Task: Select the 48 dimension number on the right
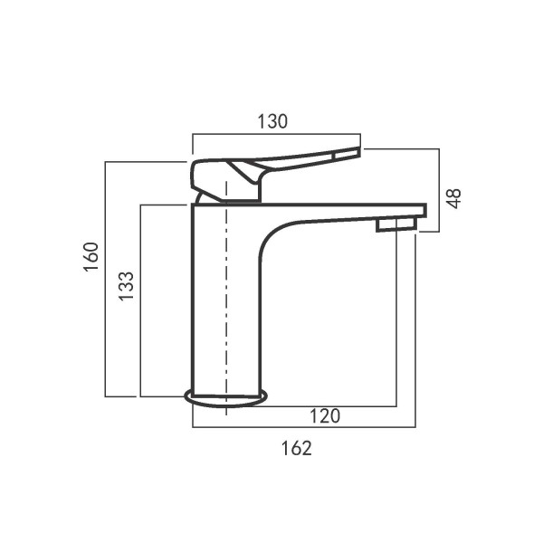point(454,197)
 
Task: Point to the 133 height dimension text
point(127,286)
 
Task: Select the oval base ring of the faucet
point(226,396)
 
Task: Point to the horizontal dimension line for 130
point(276,136)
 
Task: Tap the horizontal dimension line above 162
point(303,426)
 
